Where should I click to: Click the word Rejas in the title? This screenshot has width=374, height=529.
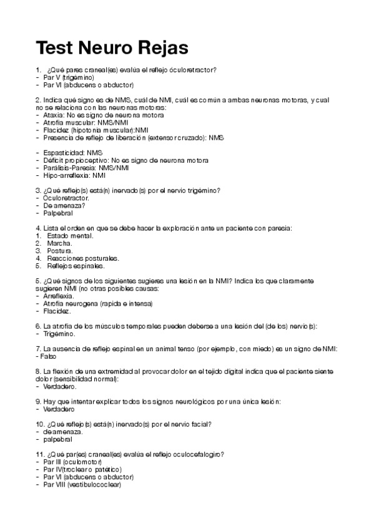click(x=161, y=47)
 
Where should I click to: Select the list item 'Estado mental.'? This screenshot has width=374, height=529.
click(x=70, y=236)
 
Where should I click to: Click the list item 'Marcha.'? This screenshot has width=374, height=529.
click(x=59, y=243)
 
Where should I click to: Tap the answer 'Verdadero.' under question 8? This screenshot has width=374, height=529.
click(x=61, y=387)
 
